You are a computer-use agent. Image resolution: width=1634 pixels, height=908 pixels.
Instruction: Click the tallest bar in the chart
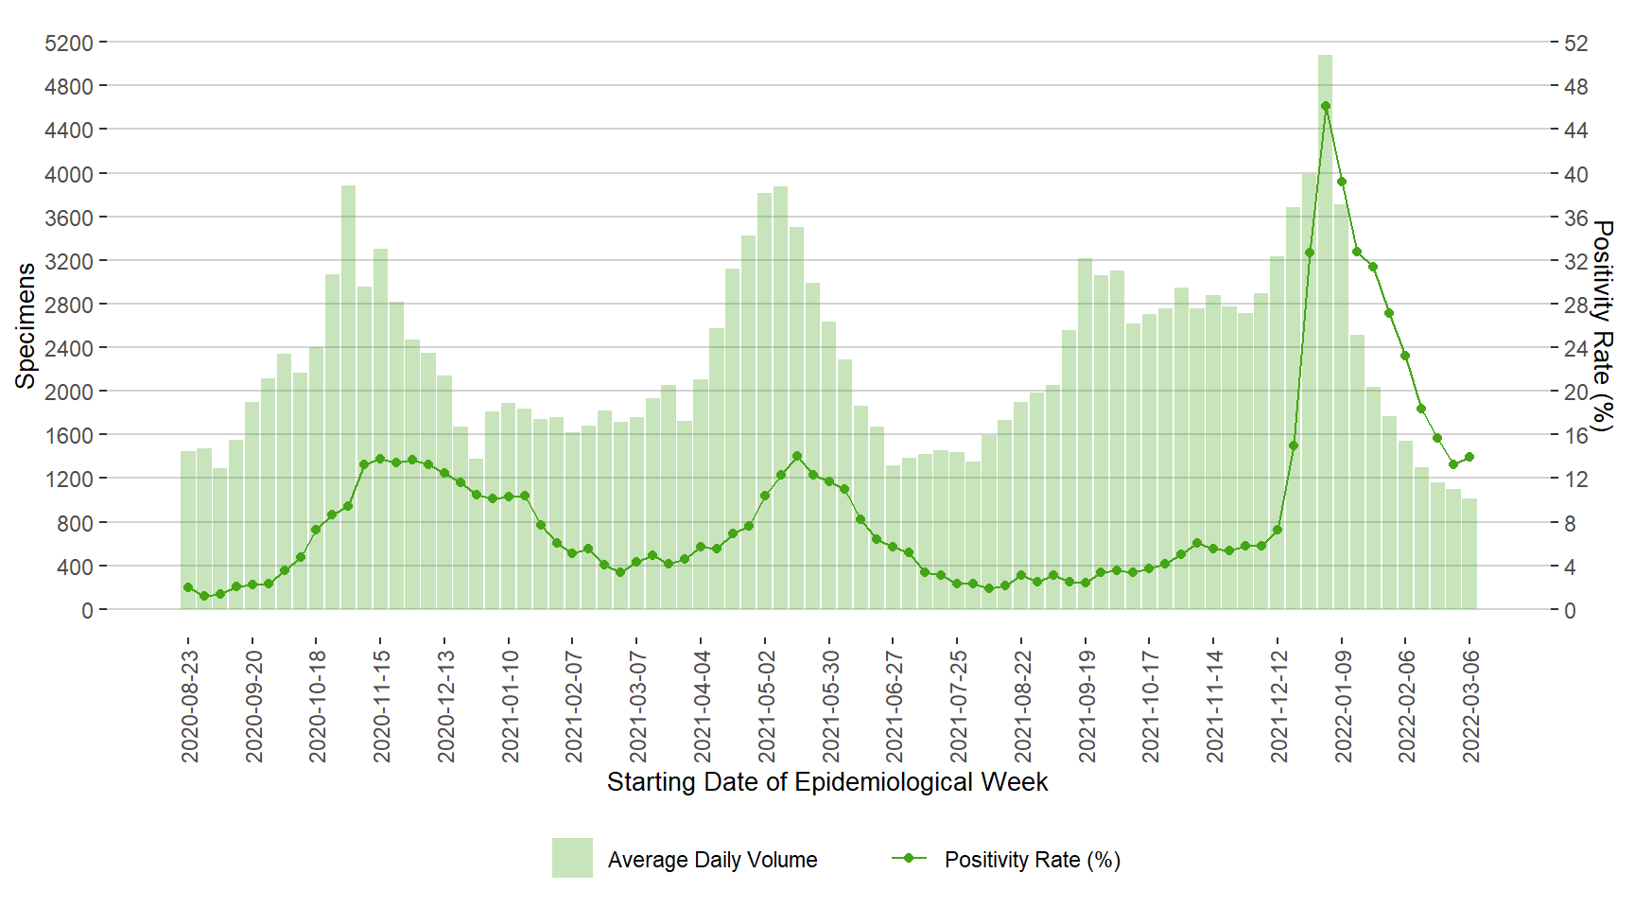pyautogui.click(x=1325, y=331)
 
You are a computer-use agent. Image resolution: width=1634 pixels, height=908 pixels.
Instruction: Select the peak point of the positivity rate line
pyautogui.click(x=1326, y=107)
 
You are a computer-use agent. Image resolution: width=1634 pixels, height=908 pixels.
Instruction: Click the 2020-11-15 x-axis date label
pyautogui.click(x=381, y=706)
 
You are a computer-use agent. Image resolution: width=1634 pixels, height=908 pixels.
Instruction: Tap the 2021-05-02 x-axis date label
pyautogui.click(x=766, y=706)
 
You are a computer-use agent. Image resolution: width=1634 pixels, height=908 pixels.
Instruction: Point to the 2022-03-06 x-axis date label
pyautogui.click(x=1470, y=706)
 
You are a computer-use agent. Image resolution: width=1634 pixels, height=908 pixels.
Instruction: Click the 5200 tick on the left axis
pyautogui.click(x=69, y=44)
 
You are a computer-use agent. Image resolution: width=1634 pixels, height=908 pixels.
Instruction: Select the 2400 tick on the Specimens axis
pyautogui.click(x=69, y=348)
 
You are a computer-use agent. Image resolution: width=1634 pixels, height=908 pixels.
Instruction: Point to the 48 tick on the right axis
pyautogui.click(x=1576, y=87)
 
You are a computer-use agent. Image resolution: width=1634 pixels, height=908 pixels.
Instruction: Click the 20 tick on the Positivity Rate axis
pyautogui.click(x=1576, y=392)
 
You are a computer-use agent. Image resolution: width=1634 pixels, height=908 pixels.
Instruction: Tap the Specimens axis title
pyautogui.click(x=26, y=325)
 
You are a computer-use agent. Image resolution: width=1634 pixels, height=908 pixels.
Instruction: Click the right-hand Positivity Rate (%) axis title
pyautogui.click(x=1602, y=325)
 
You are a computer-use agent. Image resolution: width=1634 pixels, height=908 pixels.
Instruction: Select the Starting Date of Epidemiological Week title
pyautogui.click(x=827, y=782)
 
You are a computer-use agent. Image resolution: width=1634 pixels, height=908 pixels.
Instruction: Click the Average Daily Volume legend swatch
pyautogui.click(x=572, y=858)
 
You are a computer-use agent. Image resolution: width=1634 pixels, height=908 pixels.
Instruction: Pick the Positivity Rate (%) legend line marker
pyautogui.click(x=909, y=858)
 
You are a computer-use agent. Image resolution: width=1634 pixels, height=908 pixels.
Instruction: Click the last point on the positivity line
pyautogui.click(x=1469, y=457)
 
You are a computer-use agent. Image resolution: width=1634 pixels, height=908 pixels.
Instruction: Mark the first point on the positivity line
pyautogui.click(x=188, y=587)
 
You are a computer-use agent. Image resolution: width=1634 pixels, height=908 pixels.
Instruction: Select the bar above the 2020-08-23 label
pyautogui.click(x=188, y=530)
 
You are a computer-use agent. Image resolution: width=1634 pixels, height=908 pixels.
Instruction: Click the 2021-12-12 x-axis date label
pyautogui.click(x=1278, y=706)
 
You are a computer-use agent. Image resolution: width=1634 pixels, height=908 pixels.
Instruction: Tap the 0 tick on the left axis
pyautogui.click(x=87, y=611)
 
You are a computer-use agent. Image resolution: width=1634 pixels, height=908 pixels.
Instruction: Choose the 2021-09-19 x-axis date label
pyautogui.click(x=1086, y=706)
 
